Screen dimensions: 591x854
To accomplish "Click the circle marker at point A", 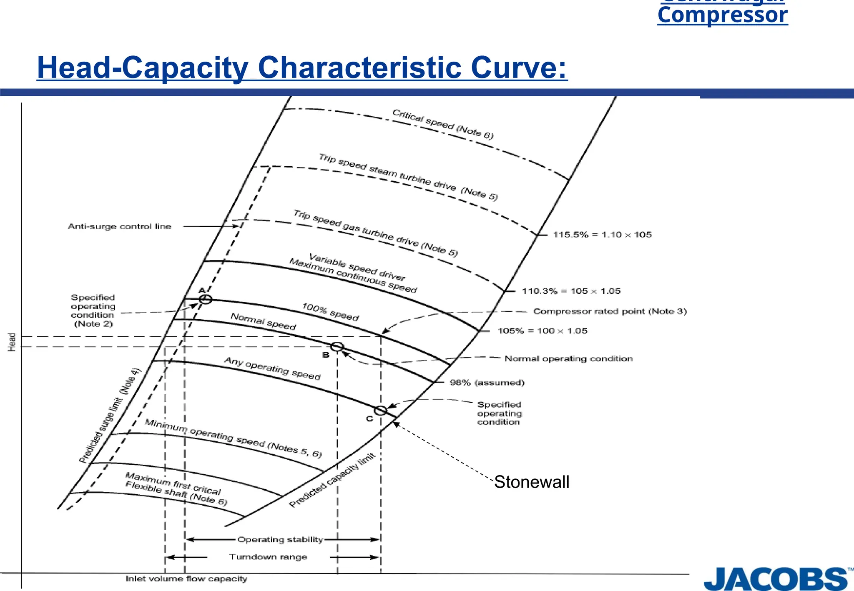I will coord(205,299).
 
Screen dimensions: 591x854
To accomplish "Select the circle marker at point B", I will coord(337,346).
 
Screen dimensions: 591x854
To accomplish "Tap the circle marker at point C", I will coord(380,411).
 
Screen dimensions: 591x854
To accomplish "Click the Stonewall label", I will coord(532,482).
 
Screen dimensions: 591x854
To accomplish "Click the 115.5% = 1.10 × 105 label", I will coord(602,235).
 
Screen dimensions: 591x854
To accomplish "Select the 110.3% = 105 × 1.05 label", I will coord(571,291).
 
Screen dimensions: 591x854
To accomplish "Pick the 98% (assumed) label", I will coord(487,383).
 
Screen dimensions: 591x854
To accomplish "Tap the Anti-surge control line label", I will coord(120,227).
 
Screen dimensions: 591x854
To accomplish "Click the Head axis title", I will coord(12,342).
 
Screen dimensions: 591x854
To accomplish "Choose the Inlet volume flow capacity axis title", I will coord(186,579).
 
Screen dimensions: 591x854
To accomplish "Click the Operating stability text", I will coord(280,540).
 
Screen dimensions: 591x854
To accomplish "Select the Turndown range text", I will coord(268,557).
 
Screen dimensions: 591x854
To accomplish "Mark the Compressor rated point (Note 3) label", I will coord(610,311).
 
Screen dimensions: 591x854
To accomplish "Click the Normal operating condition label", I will coord(568,358).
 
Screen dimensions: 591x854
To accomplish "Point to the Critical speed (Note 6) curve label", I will coord(442,124).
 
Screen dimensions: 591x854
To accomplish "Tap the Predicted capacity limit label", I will coord(332,480).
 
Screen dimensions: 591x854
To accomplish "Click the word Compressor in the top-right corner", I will coord(722,15).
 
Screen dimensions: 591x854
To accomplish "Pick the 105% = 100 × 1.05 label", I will coord(543,331).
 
